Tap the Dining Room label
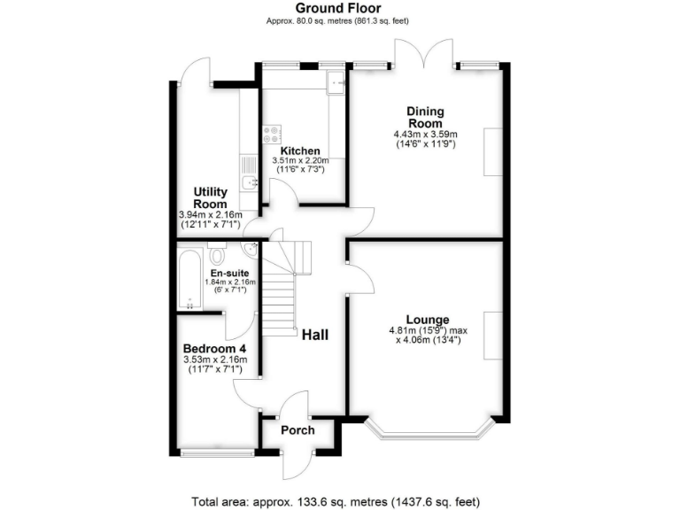[425, 118]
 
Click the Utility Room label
[212, 197]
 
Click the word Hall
[315, 336]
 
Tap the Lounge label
[428, 320]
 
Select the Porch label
[297, 431]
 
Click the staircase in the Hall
[282, 288]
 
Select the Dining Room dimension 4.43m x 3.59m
[425, 135]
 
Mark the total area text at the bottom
[340, 500]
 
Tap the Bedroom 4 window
[216, 452]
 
